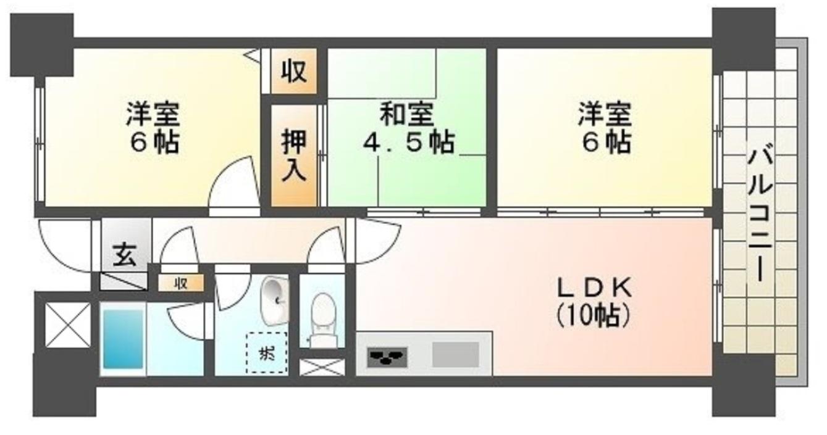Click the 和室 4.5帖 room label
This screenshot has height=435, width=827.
pyautogui.click(x=408, y=128)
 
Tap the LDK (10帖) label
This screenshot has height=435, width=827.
pyautogui.click(x=594, y=302)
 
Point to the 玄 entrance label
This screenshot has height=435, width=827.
pyautogui.click(x=125, y=255)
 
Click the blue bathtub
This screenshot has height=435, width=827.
pyautogui.click(x=123, y=339)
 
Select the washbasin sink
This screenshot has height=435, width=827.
pyautogui.click(x=274, y=301)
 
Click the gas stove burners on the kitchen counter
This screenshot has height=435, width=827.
pyautogui.click(x=387, y=357)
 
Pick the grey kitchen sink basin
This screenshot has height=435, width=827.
pyautogui.click(x=456, y=355)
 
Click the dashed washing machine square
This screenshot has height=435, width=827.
pyautogui.click(x=267, y=353)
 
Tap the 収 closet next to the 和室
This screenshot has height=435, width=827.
pyautogui.click(x=294, y=71)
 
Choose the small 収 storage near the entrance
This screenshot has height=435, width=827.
pyautogui.click(x=180, y=283)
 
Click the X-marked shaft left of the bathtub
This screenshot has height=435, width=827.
pyautogui.click(x=68, y=325)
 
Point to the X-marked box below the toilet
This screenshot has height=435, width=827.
pyautogui.click(x=322, y=368)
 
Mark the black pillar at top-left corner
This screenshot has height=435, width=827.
pyautogui.click(x=42, y=45)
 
